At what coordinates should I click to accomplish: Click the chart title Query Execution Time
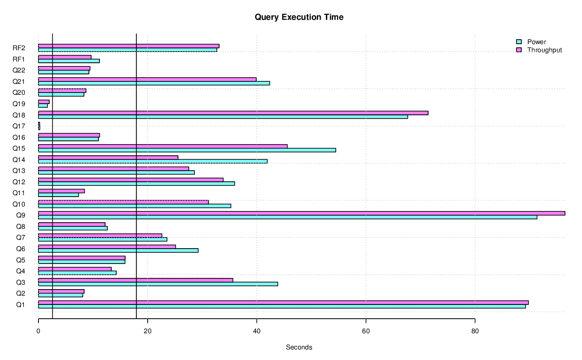coord(299,17)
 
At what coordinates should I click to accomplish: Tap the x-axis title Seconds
coord(299,347)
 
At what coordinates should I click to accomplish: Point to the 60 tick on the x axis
coord(366,331)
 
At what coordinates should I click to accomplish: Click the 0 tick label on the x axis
coord(38,331)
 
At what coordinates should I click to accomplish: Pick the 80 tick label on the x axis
coord(475,331)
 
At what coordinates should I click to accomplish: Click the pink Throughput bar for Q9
coord(301,213)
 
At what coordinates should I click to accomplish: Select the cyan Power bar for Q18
coord(223,117)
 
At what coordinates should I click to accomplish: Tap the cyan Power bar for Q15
coord(187,150)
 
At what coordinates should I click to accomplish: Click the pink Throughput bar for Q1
coord(283,302)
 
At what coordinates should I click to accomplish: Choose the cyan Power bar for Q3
coord(158,284)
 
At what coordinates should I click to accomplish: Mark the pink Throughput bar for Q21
coord(147,79)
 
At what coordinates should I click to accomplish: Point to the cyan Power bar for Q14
coord(153,161)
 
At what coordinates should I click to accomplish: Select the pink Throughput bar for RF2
coord(128,46)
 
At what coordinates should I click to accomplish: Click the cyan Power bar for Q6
coord(118,251)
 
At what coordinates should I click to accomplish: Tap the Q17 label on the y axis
coord(19,126)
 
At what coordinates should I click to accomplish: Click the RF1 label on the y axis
coord(19,59)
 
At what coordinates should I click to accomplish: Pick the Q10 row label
coord(19,204)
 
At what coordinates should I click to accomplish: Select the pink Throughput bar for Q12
coord(130,180)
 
